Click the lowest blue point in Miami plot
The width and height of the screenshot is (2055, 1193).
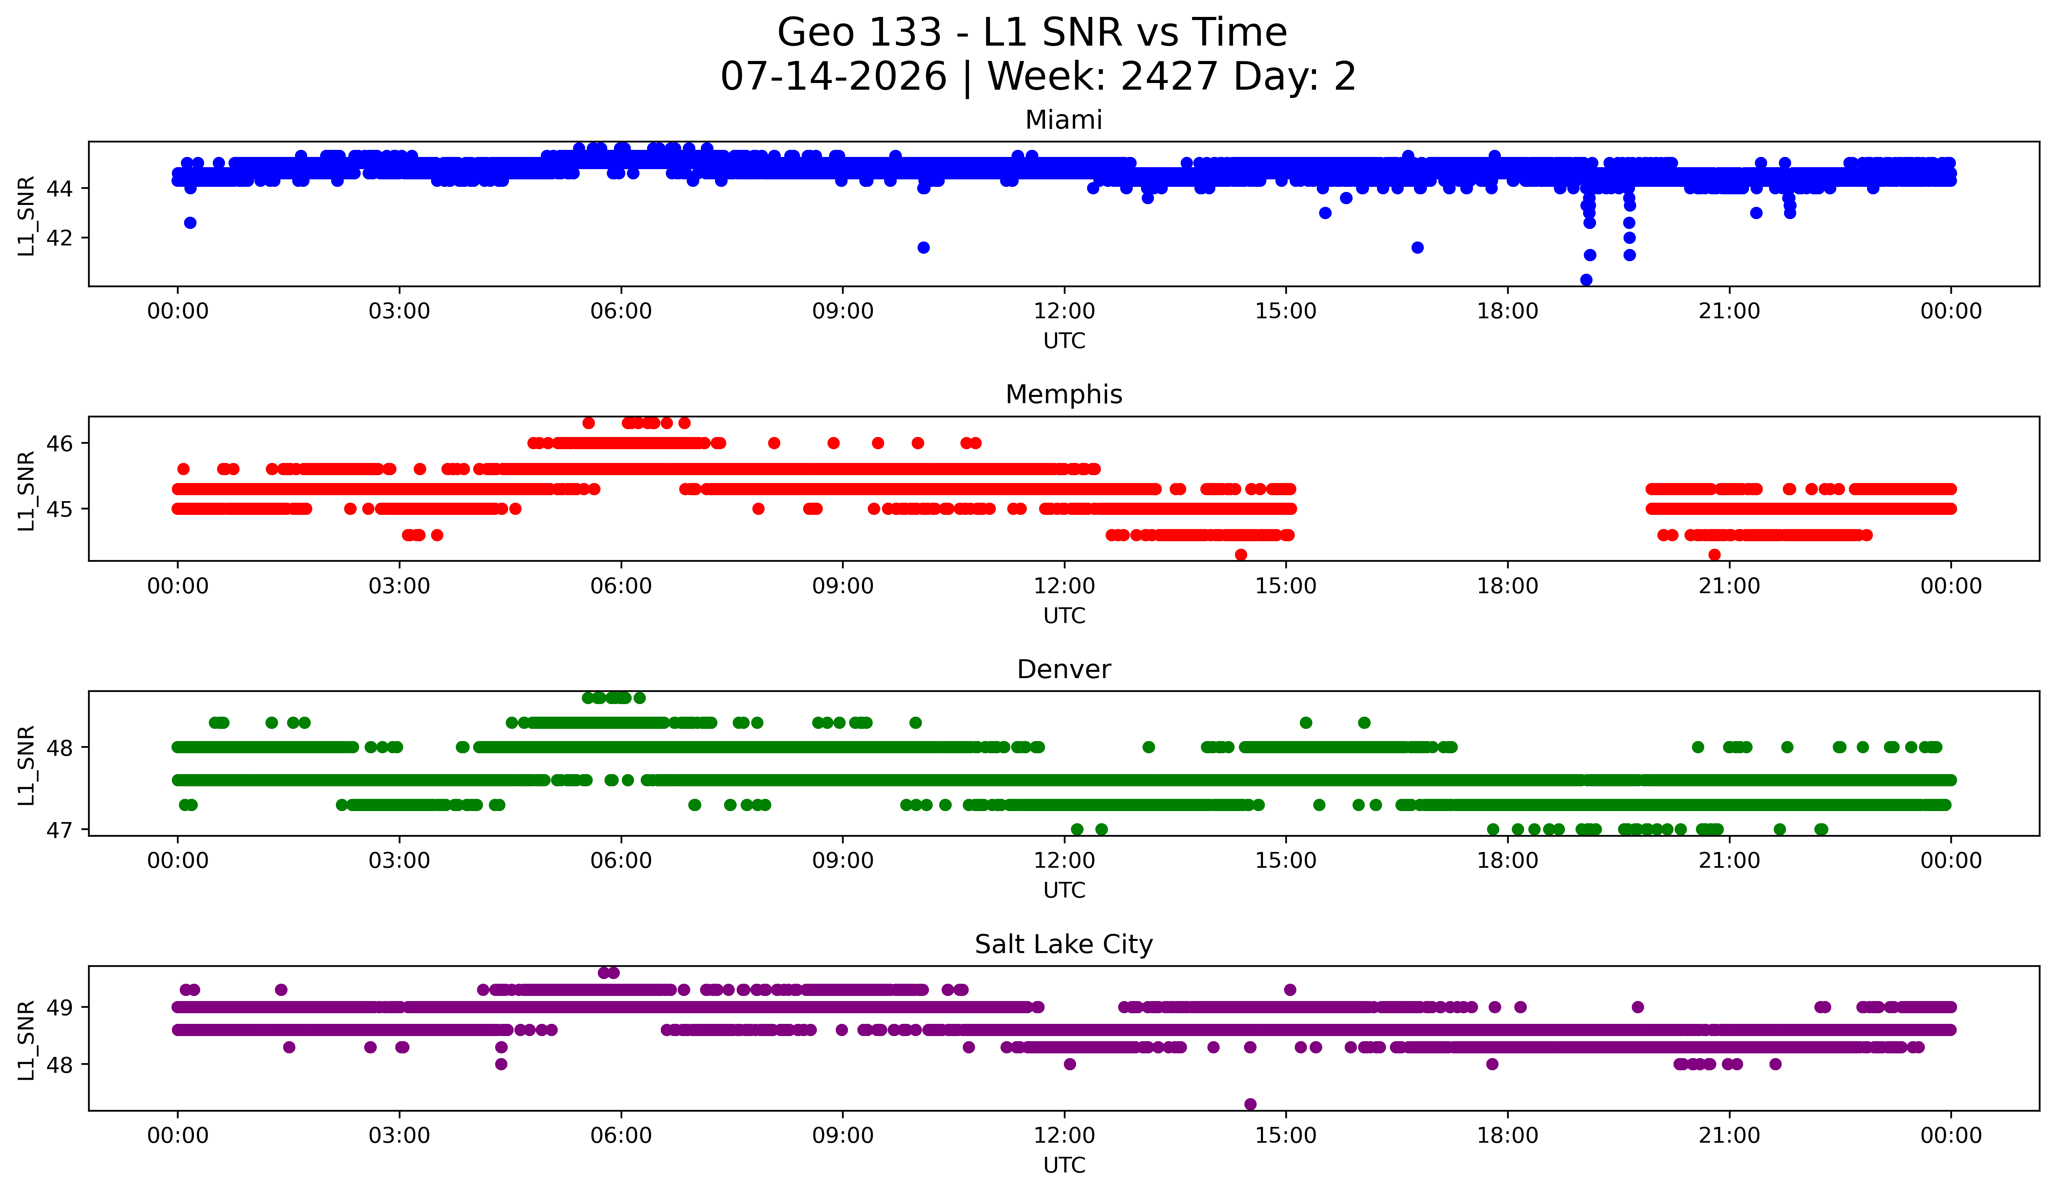point(1586,280)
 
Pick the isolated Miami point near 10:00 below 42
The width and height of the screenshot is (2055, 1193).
point(923,247)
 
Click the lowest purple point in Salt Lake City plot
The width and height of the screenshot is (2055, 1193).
point(1250,1104)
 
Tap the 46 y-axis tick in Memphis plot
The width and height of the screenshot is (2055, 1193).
point(60,444)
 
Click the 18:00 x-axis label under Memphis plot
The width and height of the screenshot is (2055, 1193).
point(1507,586)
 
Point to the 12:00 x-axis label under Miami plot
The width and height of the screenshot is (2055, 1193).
point(1064,311)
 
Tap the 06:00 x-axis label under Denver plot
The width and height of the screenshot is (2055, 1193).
point(621,860)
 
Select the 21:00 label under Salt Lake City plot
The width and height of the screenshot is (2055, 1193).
point(1729,1135)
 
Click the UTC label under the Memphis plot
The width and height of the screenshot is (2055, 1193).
point(1064,616)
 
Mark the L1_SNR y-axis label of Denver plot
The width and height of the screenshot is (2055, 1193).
point(27,765)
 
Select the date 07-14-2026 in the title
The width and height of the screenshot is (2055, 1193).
point(833,77)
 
